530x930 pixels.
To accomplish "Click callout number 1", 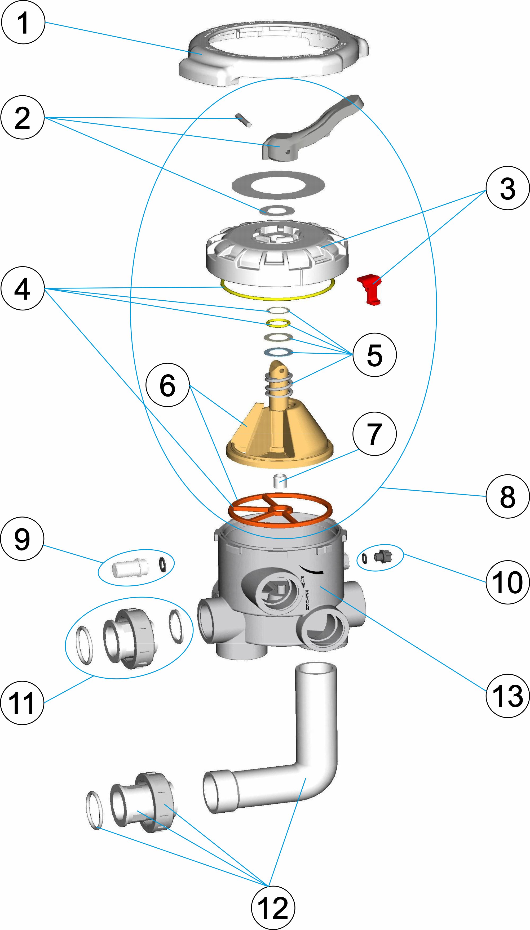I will click(x=23, y=22).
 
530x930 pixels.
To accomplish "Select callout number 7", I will click(x=374, y=433).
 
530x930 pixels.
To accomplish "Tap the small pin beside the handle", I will click(x=244, y=120).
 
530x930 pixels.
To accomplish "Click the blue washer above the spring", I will click(x=279, y=352).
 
